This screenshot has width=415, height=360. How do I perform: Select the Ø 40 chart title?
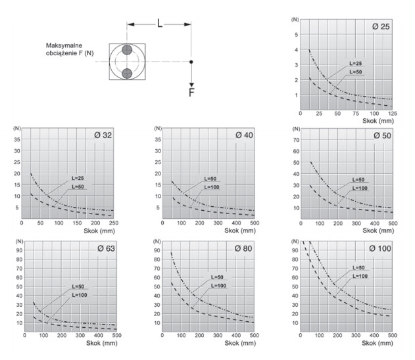(243, 134)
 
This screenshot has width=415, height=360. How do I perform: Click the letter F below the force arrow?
(191, 92)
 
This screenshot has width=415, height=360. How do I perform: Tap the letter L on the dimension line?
(160, 22)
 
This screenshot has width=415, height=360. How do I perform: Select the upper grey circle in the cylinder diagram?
(127, 51)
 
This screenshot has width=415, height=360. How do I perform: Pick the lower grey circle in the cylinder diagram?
(127, 72)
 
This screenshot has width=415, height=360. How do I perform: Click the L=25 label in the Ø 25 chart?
(355, 63)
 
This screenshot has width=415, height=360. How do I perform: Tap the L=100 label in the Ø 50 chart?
(359, 188)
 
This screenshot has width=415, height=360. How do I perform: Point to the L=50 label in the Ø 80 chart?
(218, 278)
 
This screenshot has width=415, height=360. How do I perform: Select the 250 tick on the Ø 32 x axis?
(114, 223)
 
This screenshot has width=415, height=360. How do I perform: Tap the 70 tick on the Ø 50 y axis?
(297, 139)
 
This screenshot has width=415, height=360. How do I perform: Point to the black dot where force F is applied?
(191, 62)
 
